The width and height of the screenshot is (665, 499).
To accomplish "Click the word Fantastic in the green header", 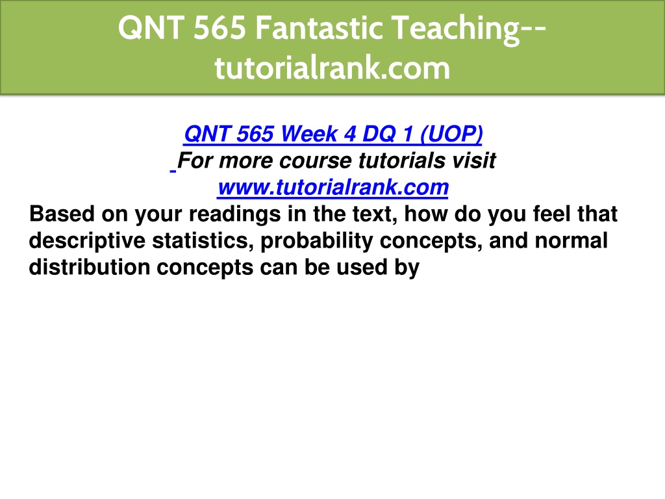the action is tap(319, 27).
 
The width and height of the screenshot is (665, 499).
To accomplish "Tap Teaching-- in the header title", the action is tap(469, 29).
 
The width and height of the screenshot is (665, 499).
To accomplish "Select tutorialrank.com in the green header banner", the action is tap(332, 68).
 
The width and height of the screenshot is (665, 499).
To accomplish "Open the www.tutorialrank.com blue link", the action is tap(333, 187).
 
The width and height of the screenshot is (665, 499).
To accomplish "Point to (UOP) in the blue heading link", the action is tap(451, 134).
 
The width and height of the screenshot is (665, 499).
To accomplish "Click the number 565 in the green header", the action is tap(220, 27).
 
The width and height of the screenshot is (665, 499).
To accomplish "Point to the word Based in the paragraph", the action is tap(62, 213).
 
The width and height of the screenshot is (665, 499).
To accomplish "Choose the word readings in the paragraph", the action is tap(234, 214).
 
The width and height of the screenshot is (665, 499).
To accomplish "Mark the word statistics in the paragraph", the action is tap(203, 240).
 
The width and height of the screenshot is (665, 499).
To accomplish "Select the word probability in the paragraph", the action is tap(316, 241).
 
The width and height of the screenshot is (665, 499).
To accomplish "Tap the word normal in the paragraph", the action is tap(571, 240).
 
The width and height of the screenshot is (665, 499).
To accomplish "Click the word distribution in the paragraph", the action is tap(90, 267).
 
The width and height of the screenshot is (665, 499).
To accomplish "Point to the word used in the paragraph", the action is tap(362, 267).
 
